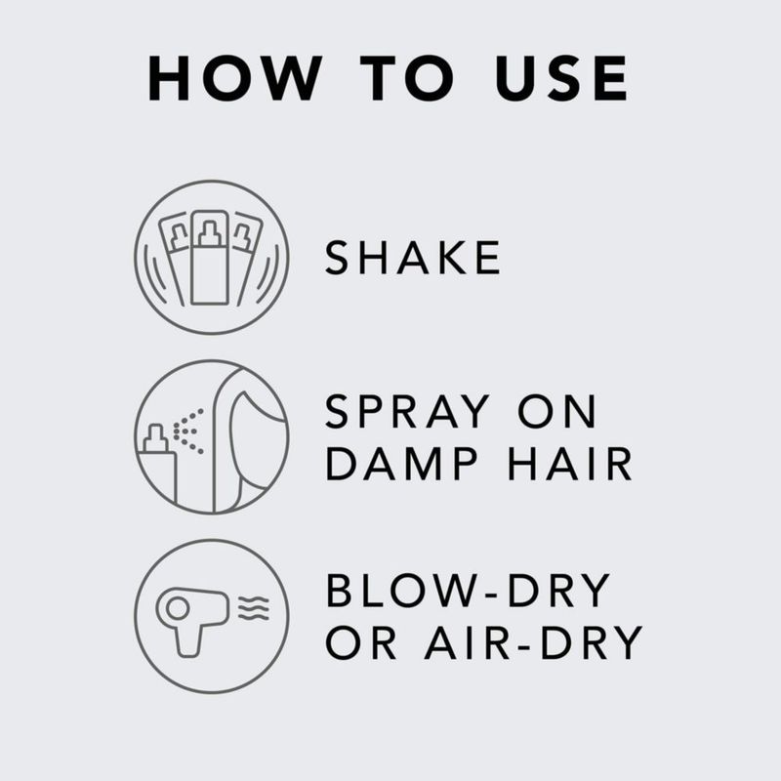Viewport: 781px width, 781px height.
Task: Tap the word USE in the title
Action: pos(561,78)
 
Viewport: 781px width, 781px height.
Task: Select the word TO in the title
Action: pos(407,78)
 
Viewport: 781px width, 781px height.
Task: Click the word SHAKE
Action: pos(412,257)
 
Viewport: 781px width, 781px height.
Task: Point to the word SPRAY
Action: pos(407,411)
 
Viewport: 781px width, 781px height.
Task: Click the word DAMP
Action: pos(401,464)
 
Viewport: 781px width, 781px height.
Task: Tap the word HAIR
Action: pos(570,464)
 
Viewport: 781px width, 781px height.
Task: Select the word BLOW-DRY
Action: pos(469,591)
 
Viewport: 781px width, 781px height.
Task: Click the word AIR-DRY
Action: pos(534,642)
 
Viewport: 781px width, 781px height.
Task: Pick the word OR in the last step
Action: pos(361,642)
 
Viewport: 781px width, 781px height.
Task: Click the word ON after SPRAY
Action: pos(556,411)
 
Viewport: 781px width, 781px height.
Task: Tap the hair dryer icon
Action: pos(192,622)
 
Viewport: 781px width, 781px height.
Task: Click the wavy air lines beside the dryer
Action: pos(254,608)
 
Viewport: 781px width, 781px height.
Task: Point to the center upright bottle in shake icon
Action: pos(210,257)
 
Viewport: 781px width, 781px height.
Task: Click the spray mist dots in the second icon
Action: pos(188,432)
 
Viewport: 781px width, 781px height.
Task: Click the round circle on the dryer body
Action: pos(178,607)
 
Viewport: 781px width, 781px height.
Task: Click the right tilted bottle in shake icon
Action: pos(247,258)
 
